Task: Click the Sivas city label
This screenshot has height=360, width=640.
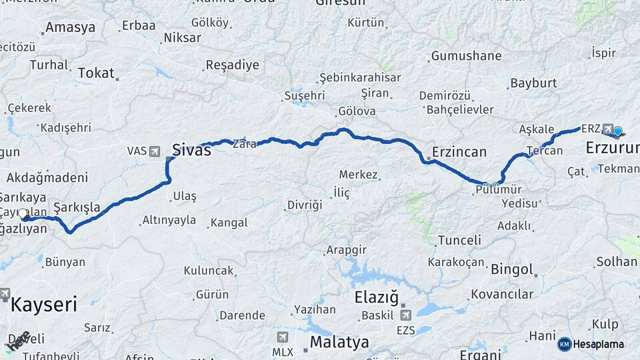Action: point(192,150)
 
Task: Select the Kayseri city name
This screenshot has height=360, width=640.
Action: point(44,305)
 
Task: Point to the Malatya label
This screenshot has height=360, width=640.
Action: point(339,343)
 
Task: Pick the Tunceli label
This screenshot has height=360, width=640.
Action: point(459,240)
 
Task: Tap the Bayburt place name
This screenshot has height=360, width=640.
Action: point(533,83)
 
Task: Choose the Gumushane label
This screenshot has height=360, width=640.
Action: point(466,56)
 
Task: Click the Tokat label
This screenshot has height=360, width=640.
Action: point(96,73)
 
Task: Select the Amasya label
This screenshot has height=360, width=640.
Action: point(69,28)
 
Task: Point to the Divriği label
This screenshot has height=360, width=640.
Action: point(305,204)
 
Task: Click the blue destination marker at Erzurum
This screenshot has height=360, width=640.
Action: point(617,131)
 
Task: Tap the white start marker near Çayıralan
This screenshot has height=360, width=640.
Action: point(23,214)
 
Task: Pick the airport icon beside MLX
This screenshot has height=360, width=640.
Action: point(283,337)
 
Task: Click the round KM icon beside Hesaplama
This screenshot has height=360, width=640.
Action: point(565,344)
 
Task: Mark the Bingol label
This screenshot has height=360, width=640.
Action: point(512,270)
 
